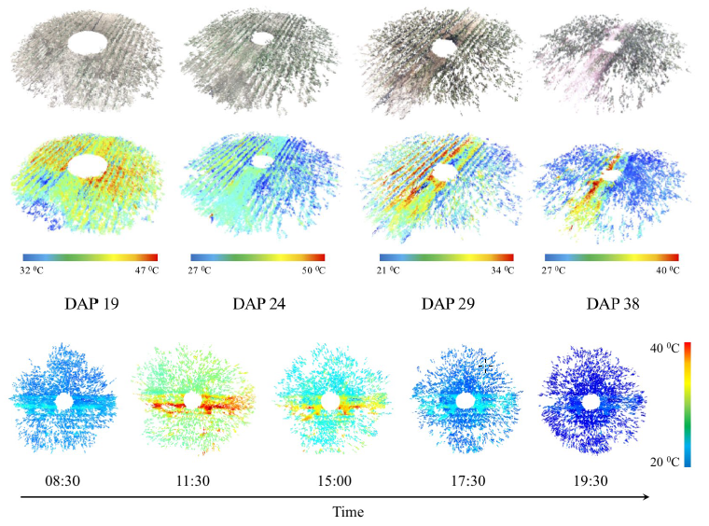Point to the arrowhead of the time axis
pyautogui.click(x=646, y=498)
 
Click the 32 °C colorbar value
pyautogui.click(x=35, y=271)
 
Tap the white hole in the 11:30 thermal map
pyautogui.click(x=192, y=400)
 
